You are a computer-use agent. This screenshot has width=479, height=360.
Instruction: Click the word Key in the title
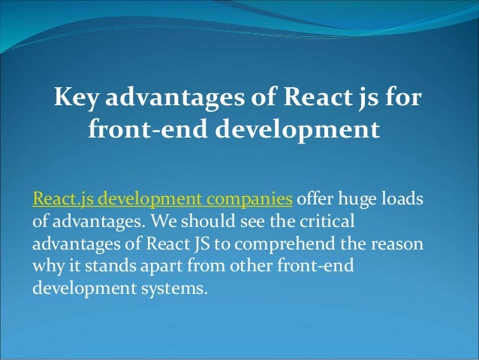coord(76,98)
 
